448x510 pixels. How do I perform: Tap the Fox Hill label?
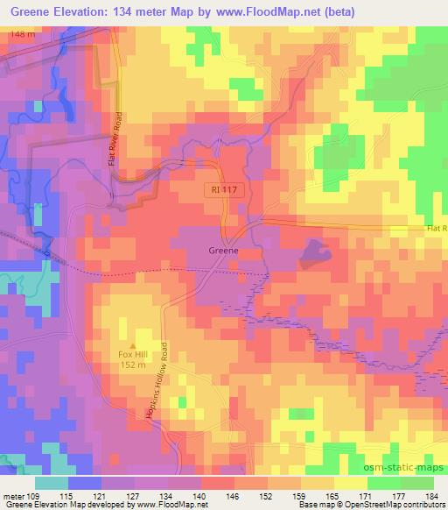click(x=135, y=354)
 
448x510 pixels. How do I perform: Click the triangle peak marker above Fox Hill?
click(x=134, y=344)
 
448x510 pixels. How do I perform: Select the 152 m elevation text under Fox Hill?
click(x=135, y=365)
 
